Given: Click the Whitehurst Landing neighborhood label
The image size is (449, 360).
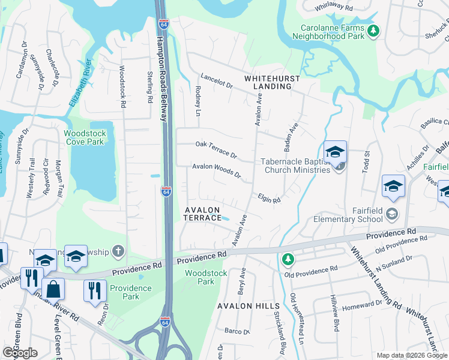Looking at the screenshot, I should pyautogui.click(x=268, y=82).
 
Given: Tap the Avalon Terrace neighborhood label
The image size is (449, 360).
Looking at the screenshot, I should pyautogui.click(x=203, y=214).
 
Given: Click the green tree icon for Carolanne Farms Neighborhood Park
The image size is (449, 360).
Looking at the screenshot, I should pyautogui.click(x=373, y=31).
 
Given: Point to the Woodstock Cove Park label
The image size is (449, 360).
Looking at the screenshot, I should pyautogui.click(x=84, y=137).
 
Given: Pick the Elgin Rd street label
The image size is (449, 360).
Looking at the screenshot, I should pyautogui.click(x=270, y=197).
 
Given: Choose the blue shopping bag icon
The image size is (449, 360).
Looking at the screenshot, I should pyautogui.click(x=53, y=289).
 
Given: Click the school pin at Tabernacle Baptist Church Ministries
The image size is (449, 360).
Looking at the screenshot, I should pyautogui.click(x=336, y=152).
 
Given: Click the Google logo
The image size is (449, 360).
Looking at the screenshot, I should pyautogui.click(x=20, y=353).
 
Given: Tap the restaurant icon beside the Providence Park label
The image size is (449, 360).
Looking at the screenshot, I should pyautogui.click(x=94, y=291).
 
